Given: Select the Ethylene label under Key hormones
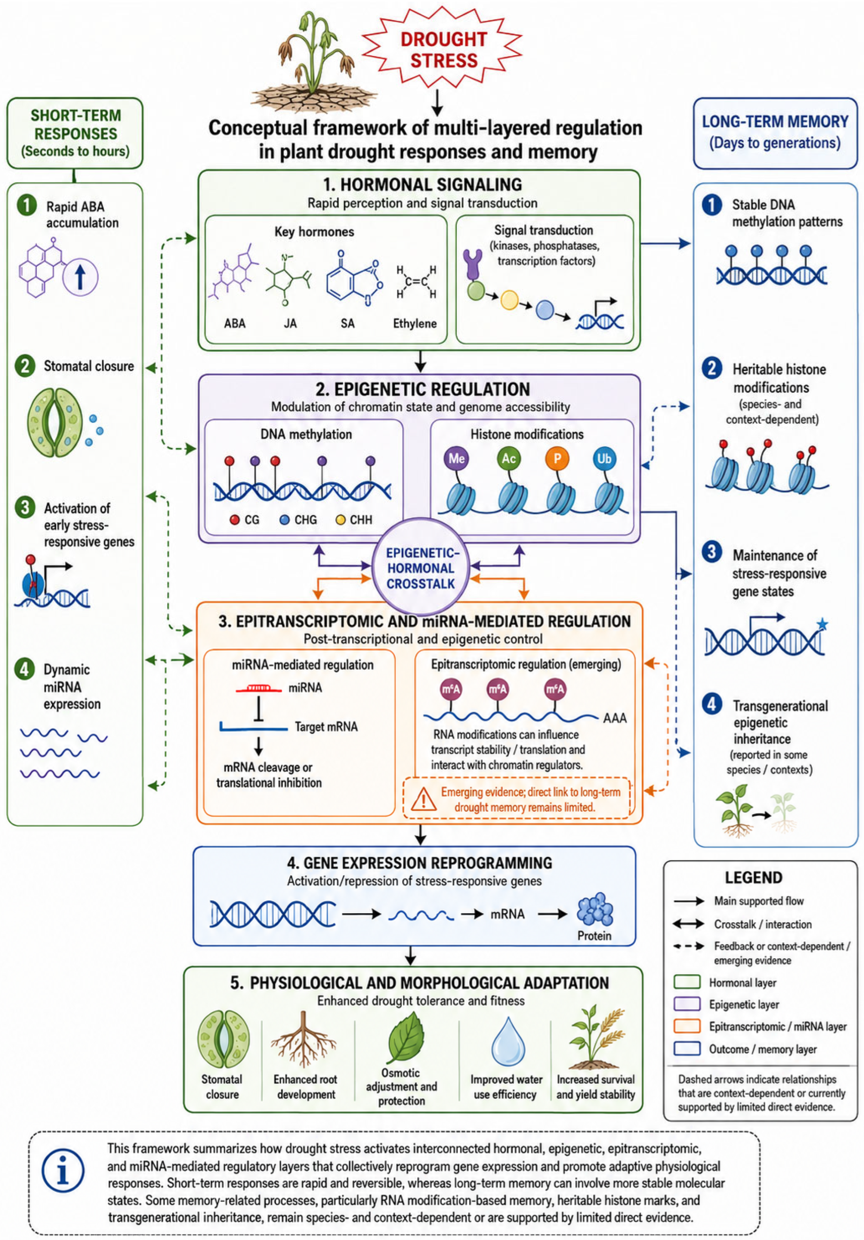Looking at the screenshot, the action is [415, 323].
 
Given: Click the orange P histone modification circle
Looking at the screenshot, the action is [557, 459].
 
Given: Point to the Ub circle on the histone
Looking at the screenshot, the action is [604, 459].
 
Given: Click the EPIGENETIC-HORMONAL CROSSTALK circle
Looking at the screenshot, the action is [420, 568].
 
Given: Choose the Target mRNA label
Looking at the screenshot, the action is [326, 727].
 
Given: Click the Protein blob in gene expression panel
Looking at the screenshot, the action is [595, 910].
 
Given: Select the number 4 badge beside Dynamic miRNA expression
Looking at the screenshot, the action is [25, 669].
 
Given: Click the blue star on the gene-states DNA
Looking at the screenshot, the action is [822, 624].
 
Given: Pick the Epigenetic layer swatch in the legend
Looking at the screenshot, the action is [687, 1004].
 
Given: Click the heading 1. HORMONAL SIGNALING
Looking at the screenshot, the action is [422, 185].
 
